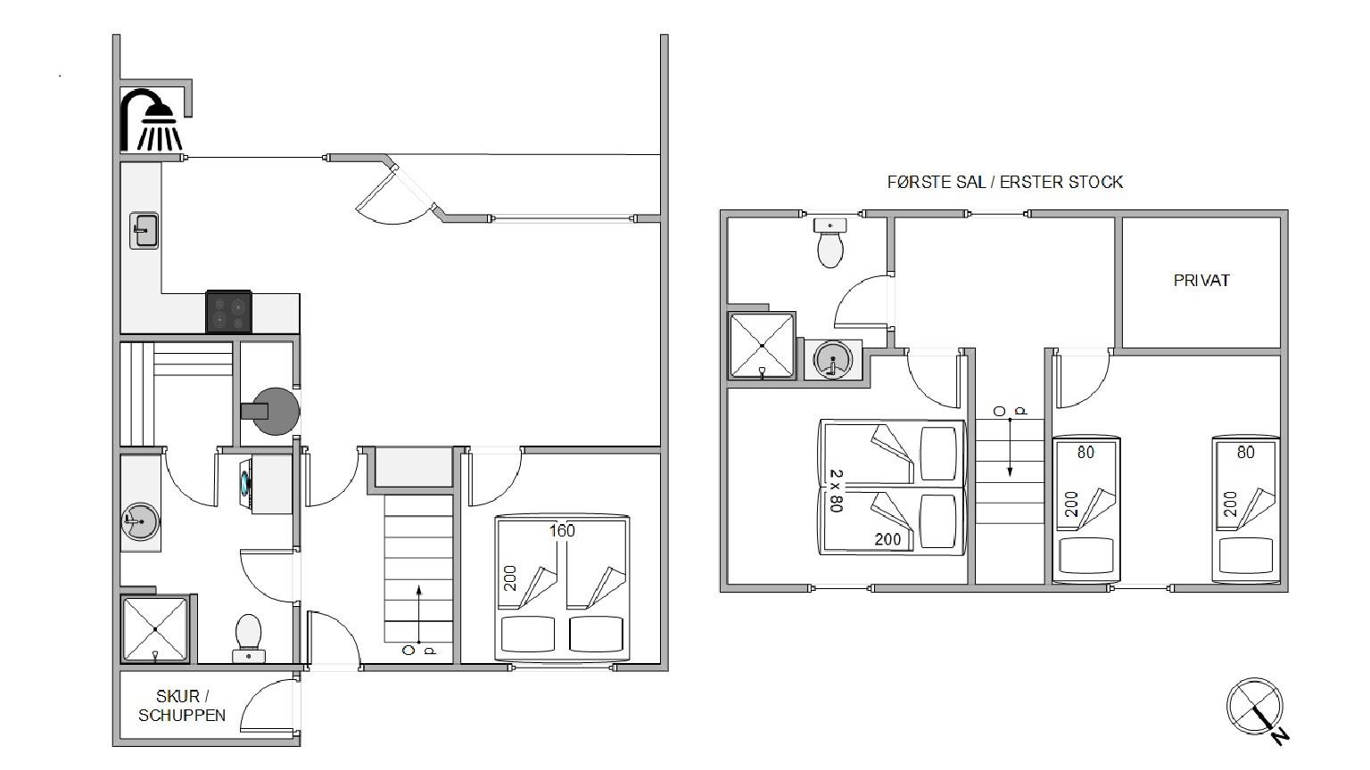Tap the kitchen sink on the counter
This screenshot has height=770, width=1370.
(144, 231)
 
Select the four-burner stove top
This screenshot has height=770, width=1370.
(228, 312)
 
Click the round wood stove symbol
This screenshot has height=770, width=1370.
(273, 411)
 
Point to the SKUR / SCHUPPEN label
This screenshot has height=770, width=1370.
(182, 706)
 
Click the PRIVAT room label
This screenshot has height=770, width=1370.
(1201, 281)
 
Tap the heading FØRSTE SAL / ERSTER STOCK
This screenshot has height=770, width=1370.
(1005, 182)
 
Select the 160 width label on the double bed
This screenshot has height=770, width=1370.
(562, 531)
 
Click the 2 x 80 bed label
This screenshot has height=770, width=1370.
(836, 491)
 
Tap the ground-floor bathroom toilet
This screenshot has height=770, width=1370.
(248, 639)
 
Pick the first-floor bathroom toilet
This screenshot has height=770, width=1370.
(830, 243)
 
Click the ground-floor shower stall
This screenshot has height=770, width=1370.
(155, 629)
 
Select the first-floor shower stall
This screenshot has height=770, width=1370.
(762, 346)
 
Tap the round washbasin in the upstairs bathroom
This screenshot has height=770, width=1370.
(832, 360)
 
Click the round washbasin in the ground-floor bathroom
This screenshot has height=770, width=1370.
(140, 522)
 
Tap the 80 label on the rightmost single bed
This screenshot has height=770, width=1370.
(1246, 452)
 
